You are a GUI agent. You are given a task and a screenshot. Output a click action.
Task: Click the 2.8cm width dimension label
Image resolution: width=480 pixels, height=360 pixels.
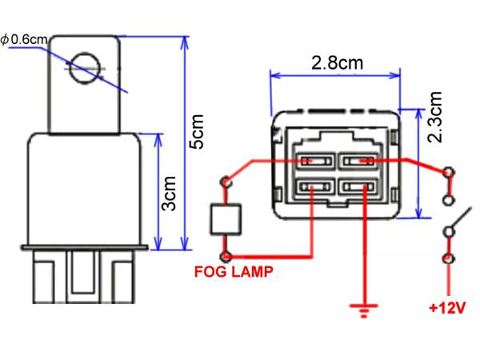coord(337,62)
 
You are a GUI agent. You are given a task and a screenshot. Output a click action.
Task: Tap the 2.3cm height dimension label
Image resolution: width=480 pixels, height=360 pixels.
coord(434,118)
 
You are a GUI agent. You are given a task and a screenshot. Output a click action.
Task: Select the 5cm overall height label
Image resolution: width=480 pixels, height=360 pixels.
coord(196,132)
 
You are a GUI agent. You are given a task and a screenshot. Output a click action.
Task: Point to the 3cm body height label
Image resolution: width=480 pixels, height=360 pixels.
coord(169,194)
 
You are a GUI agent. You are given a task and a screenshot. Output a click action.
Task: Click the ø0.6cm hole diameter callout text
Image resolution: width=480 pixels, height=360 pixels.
coord(24,39)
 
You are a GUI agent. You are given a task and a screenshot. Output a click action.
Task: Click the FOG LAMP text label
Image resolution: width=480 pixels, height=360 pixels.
coord(234,272)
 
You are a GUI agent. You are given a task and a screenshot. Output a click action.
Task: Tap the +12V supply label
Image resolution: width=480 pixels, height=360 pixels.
coord(447,308)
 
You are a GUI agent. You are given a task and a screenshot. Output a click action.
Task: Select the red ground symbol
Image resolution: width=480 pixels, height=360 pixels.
coord(364,310)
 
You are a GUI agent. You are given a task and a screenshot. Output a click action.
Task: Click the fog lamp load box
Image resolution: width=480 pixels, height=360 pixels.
coord(226,219)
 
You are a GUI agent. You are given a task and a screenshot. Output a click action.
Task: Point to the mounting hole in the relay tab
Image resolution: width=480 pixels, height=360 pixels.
coord(85,68)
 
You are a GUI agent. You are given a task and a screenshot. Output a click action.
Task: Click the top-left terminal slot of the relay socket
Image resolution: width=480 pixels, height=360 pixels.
coord(316,161)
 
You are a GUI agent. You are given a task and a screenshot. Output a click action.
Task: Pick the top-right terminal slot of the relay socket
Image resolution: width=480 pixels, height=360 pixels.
coord(358,161)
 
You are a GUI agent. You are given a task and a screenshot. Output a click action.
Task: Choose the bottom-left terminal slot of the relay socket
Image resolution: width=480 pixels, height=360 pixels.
coord(316,186)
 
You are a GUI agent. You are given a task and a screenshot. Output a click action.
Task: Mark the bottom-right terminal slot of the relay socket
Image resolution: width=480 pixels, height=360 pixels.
coord(358,186)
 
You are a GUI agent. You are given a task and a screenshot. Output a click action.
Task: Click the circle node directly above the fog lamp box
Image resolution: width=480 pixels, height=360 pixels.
coord(226,182)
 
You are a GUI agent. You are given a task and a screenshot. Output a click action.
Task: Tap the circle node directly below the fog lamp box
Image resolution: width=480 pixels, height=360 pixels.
coord(226,257)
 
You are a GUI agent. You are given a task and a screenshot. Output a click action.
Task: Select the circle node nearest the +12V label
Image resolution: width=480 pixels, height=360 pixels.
coord(449,259)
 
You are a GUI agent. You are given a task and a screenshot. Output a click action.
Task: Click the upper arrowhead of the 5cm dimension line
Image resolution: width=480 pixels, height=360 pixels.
coord(184,42)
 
